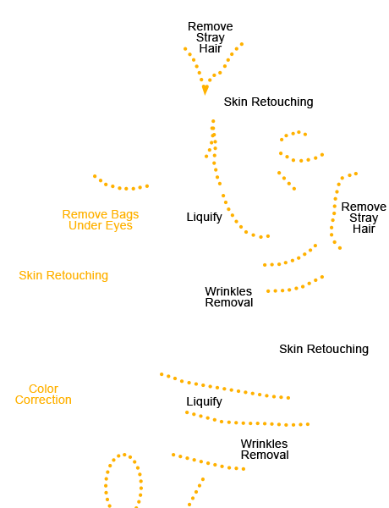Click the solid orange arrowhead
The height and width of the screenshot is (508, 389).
tap(205, 90)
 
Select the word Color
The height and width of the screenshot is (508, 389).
tap(43, 389)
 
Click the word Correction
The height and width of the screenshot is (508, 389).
tap(43, 400)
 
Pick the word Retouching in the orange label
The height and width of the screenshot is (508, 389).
tap(77, 276)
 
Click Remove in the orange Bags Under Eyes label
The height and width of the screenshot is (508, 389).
tap(85, 214)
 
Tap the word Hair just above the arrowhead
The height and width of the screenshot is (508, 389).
tap(211, 48)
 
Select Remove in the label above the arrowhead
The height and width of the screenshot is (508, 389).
tap(211, 26)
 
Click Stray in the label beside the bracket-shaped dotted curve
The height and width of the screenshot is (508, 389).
tap(364, 218)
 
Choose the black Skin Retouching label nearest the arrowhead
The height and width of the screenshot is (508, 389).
tap(269, 102)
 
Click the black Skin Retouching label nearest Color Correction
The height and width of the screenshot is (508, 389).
tap(324, 349)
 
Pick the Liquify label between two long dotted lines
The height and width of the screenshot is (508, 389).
tap(204, 401)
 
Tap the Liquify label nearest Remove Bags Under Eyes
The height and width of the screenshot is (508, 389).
tap(204, 217)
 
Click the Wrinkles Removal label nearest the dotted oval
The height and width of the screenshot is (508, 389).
tap(265, 450)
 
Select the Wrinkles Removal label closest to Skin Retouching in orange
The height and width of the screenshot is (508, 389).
tap(229, 297)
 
